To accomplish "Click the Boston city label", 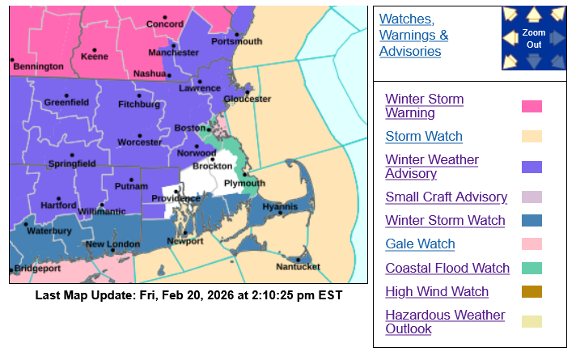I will pyautogui.click(x=189, y=129).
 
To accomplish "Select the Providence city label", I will pyautogui.click(x=176, y=198).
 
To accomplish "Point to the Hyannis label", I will pyautogui.click(x=280, y=207).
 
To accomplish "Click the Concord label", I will pyautogui.click(x=164, y=24).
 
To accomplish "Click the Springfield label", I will pyautogui.click(x=71, y=163).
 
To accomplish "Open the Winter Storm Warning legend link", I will pyautogui.click(x=424, y=106).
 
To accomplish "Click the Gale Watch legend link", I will pyautogui.click(x=419, y=244).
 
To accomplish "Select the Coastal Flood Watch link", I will pyautogui.click(x=447, y=268).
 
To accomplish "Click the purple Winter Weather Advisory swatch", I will pyautogui.click(x=532, y=167).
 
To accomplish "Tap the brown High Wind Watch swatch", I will pyautogui.click(x=532, y=291).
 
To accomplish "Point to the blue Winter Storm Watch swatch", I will pyautogui.click(x=532, y=220).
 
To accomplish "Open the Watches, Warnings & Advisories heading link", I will pyautogui.click(x=414, y=35).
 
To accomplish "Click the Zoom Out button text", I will pyautogui.click(x=533, y=38).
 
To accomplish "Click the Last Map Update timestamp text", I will pyautogui.click(x=188, y=295).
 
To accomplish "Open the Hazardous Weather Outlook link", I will pyautogui.click(x=444, y=322).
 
